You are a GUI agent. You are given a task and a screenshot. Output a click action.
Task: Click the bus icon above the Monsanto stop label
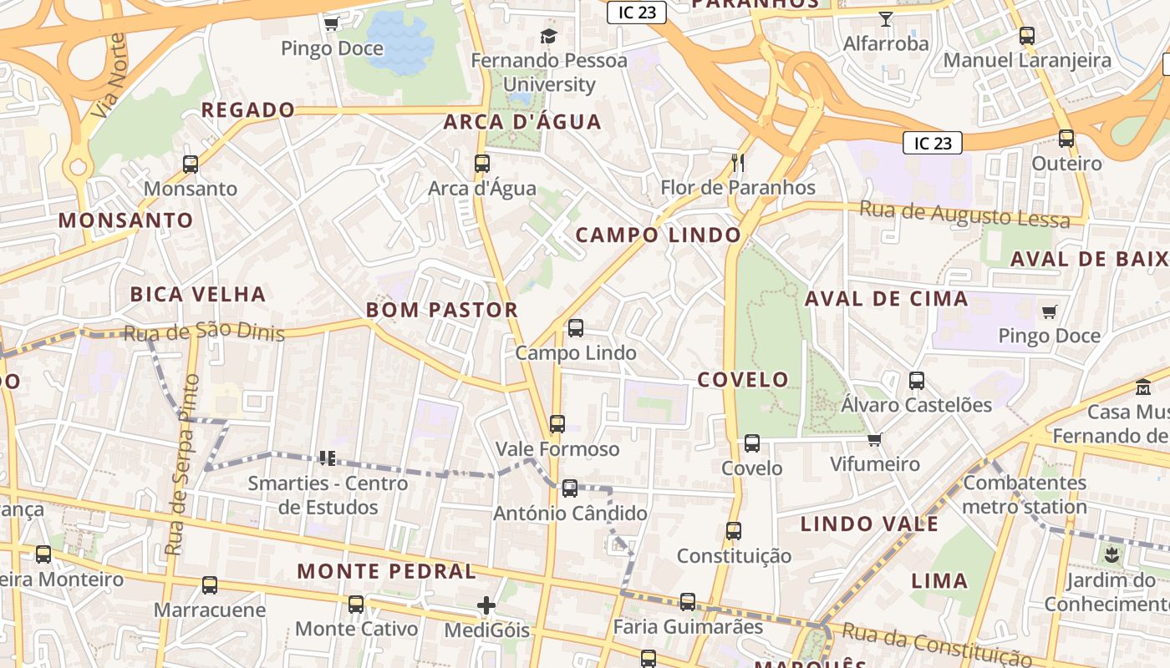(x=191, y=164)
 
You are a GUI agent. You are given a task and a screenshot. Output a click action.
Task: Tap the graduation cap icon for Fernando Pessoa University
(x=548, y=36)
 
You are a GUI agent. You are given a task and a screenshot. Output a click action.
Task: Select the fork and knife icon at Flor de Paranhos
(x=737, y=162)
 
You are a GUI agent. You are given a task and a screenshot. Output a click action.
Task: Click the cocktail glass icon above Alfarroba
(x=886, y=18)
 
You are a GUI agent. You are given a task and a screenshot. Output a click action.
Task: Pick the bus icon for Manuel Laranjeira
(x=1027, y=36)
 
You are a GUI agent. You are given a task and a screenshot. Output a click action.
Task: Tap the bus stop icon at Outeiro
(x=1066, y=139)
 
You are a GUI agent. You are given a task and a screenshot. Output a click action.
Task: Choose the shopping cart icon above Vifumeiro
(x=875, y=439)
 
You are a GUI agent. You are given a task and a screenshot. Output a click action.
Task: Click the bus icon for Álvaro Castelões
(x=917, y=381)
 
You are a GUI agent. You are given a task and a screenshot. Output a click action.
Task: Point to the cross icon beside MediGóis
(x=486, y=605)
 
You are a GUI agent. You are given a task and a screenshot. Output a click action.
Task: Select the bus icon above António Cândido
(x=570, y=488)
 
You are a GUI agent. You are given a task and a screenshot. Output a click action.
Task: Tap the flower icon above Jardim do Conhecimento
(x=1111, y=554)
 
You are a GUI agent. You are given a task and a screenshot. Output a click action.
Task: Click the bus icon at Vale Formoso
(x=557, y=424)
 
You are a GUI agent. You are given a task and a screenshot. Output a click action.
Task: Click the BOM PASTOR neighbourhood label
(x=442, y=310)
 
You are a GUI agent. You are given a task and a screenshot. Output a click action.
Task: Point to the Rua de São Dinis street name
(x=204, y=332)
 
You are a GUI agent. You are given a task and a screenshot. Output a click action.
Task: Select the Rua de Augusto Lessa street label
(x=964, y=215)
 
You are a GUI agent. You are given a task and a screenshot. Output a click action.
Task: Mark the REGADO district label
(x=248, y=110)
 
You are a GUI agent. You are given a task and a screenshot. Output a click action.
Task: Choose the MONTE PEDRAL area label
(x=387, y=572)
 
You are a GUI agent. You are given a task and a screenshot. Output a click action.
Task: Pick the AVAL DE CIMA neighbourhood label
(x=886, y=299)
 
